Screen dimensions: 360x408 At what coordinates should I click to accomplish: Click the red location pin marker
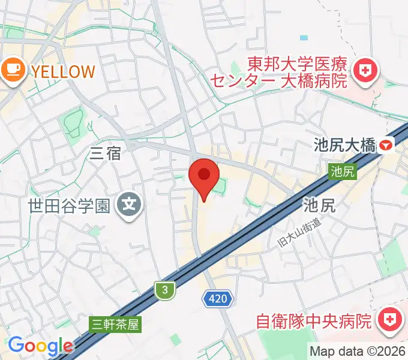tap(203, 176)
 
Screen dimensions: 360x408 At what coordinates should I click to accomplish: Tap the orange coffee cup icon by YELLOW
tap(12, 71)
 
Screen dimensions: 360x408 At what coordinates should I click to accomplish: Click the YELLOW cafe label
tap(63, 71)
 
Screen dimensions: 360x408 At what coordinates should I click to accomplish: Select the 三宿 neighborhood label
tap(105, 154)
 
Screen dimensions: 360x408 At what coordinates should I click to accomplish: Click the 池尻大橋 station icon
tap(387, 145)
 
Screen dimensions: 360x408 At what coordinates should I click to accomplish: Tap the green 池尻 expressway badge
tap(343, 172)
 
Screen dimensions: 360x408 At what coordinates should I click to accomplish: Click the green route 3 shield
tap(164, 290)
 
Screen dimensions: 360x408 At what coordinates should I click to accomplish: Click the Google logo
tap(40, 346)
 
